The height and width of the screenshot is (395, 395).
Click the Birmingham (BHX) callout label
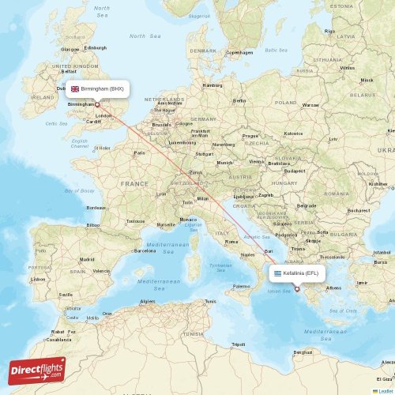(98, 89)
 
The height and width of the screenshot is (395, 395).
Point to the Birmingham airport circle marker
(98, 104)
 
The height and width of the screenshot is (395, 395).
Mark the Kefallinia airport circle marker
(297, 289)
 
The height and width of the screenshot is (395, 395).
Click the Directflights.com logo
(38, 369)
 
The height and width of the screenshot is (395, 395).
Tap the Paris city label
(140, 152)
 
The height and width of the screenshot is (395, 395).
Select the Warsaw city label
(310, 104)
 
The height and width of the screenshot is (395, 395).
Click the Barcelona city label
(145, 250)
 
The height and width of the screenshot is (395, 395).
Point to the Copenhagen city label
(239, 53)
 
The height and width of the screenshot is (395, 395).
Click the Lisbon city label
(38, 279)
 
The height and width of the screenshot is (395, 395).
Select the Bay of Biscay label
(79, 191)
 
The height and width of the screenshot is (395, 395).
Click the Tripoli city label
(238, 344)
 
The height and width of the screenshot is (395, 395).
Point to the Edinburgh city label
(95, 47)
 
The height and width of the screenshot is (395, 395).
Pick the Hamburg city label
(213, 85)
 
